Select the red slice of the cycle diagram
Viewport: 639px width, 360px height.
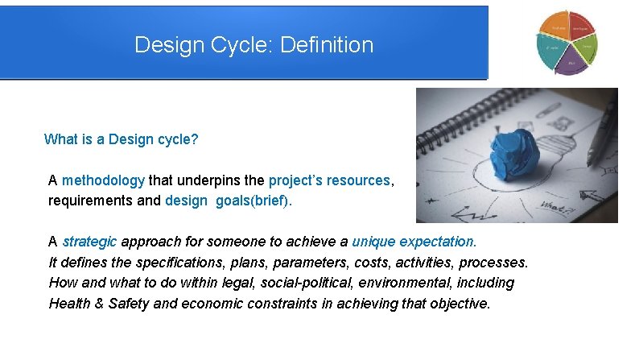[x=580, y=28]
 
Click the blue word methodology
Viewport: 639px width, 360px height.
[x=103, y=180]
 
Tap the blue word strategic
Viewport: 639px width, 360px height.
[x=89, y=242]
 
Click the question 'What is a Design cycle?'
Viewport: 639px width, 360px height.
[x=121, y=139]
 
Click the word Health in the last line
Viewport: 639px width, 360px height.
[x=68, y=304]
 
